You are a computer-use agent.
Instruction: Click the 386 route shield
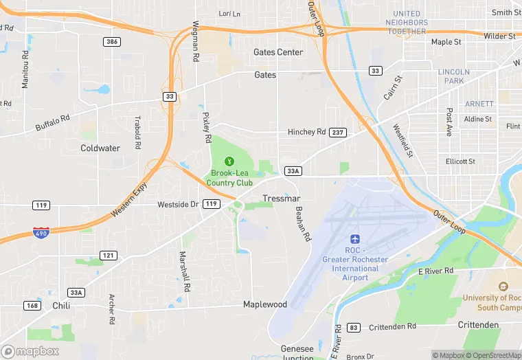tap(112, 42)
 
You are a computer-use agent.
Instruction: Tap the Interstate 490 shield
tap(41, 233)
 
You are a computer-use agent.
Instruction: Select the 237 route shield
tap(337, 132)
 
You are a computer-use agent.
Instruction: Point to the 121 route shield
tap(108, 256)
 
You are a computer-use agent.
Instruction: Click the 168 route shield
tap(32, 305)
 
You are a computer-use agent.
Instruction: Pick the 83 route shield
tap(353, 327)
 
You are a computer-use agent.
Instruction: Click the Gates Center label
tap(278, 52)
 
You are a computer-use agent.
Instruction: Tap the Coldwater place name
tap(100, 148)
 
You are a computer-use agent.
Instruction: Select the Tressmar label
tap(280, 199)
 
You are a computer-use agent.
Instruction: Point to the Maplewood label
tap(265, 304)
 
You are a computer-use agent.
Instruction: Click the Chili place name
tap(61, 306)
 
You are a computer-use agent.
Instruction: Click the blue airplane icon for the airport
tap(355, 239)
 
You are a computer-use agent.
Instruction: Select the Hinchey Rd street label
tap(306, 132)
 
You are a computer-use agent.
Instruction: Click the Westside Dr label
tap(178, 204)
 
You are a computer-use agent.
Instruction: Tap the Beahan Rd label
tap(303, 224)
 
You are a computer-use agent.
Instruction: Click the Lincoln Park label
tap(453, 76)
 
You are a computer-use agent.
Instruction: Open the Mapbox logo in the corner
tap(30, 351)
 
